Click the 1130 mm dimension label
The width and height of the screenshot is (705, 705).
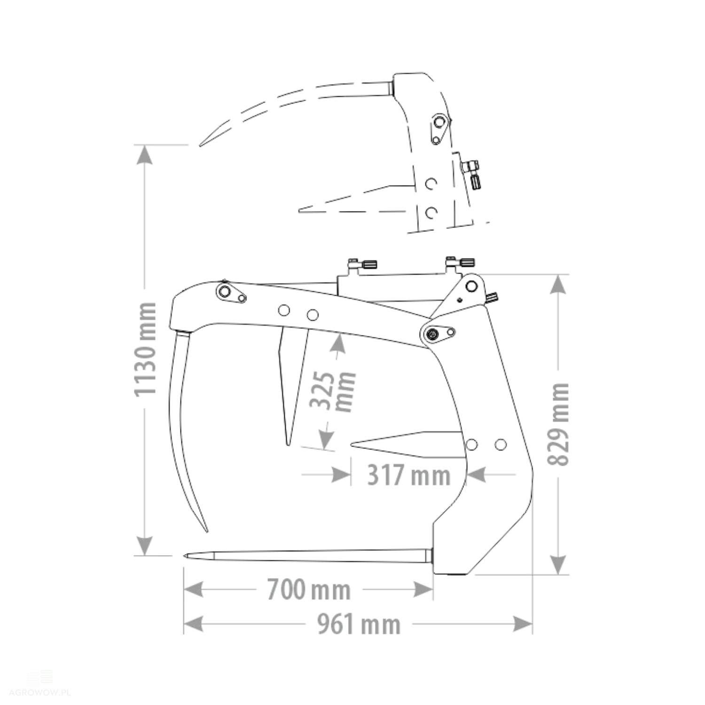(x=145, y=349)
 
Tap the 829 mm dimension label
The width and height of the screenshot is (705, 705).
(x=559, y=424)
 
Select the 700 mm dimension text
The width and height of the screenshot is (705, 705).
(x=309, y=589)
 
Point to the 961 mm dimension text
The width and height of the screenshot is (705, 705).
(x=359, y=625)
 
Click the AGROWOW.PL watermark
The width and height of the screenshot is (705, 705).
(x=36, y=692)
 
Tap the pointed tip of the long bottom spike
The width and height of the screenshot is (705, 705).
(x=185, y=556)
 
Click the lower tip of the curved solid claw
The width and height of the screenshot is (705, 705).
(x=207, y=532)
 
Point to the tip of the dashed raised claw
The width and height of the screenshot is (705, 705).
(x=200, y=145)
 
